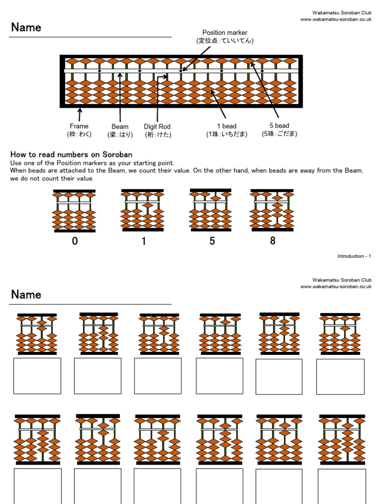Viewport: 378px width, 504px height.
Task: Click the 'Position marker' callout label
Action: point(224,36)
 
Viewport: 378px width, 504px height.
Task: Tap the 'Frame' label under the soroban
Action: point(79,130)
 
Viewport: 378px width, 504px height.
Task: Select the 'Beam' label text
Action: point(120,130)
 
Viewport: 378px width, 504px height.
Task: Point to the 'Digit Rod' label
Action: point(157,130)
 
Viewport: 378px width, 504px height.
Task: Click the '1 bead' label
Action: point(226,130)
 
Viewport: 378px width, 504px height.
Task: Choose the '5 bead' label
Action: point(280,129)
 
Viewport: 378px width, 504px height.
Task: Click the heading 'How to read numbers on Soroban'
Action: point(71,155)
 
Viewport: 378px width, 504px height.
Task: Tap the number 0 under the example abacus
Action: point(75,241)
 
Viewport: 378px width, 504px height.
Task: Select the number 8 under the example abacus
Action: point(273,240)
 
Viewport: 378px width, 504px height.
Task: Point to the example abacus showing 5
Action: point(211,210)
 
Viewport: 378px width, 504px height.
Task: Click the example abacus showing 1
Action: point(142,210)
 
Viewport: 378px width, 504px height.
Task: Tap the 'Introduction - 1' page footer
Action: point(354,256)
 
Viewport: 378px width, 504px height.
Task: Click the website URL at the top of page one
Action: point(336,19)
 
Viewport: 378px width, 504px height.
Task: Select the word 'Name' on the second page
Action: point(26,294)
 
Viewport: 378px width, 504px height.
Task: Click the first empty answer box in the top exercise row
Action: point(37,376)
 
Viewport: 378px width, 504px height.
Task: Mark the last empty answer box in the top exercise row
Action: point(341,377)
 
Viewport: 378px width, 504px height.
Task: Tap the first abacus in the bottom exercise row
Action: point(37,440)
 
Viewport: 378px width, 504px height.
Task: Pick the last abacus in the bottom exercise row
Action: point(342,440)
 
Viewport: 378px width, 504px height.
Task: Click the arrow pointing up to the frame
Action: point(80,115)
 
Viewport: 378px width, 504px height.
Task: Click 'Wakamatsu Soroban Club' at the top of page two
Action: point(342,280)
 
